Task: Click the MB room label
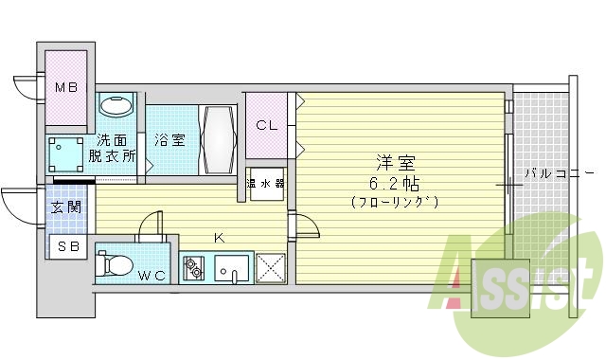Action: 64,89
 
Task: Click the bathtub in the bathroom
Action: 217,139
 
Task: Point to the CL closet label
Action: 266,124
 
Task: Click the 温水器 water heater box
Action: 266,184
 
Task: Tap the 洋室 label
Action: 394,161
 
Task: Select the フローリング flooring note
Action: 394,202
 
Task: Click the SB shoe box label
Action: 68,246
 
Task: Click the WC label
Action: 151,276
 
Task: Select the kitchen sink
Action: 231,269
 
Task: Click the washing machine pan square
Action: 67,151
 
